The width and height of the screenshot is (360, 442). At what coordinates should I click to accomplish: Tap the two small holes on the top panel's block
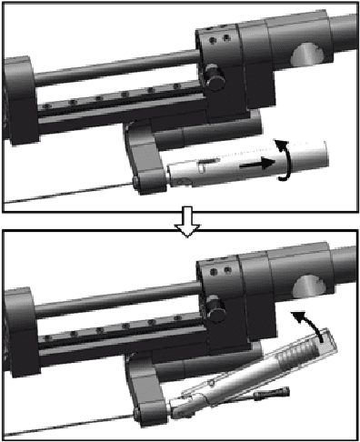(215, 42)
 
